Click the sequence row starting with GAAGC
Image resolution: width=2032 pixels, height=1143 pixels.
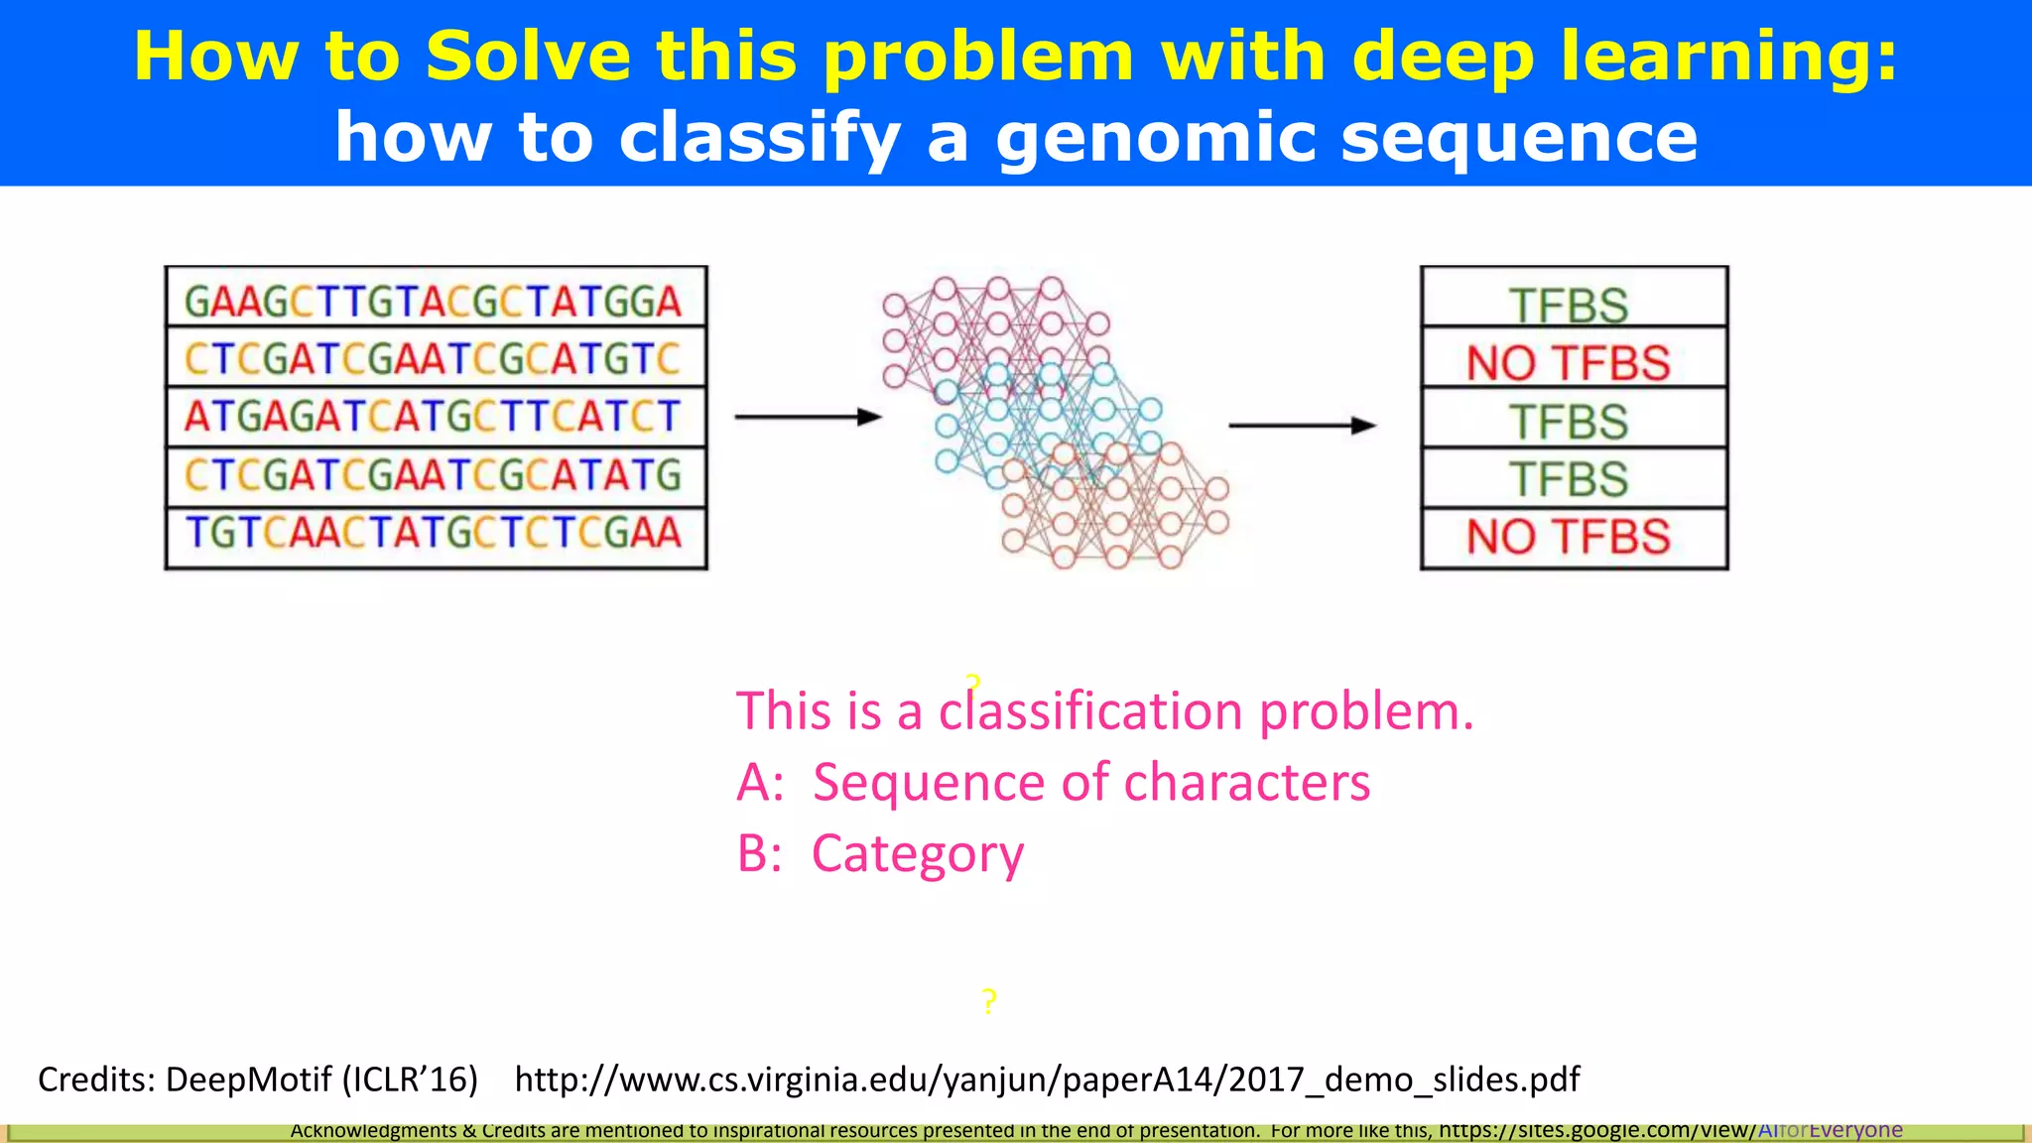coord(435,301)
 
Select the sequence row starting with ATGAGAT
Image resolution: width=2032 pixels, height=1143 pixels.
coord(435,417)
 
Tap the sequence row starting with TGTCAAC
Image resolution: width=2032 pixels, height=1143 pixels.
coord(435,534)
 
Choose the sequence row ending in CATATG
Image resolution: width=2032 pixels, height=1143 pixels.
coord(435,475)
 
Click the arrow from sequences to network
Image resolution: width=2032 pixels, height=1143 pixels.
coord(808,417)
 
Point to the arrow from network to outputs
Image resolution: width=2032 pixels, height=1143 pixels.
coord(1302,426)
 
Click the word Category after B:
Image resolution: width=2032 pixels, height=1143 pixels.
coord(918,853)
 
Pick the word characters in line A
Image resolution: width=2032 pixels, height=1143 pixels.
coord(1246,782)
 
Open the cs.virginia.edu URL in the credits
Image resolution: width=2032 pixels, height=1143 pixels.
coord(1047,1079)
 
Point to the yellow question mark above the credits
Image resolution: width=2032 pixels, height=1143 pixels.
coord(988,1001)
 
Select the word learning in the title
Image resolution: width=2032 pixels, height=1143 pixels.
coord(1728,56)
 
